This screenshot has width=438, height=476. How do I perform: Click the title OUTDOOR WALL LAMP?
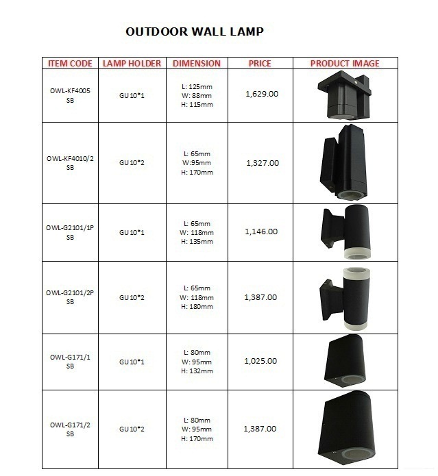click(195, 32)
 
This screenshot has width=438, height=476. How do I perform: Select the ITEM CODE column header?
click(70, 64)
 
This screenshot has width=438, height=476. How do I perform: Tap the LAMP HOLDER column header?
click(132, 64)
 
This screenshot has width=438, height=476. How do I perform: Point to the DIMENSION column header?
click(197, 64)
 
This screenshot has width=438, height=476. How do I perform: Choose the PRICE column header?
click(260, 64)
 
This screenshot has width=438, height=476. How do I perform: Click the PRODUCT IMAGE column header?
click(344, 64)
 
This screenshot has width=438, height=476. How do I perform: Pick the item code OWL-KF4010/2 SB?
click(70, 163)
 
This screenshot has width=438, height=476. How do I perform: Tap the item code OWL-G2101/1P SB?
click(70, 232)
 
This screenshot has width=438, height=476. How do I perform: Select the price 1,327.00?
click(262, 163)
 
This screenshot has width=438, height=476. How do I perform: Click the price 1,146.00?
click(261, 231)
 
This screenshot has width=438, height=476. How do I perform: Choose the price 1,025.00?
click(261, 361)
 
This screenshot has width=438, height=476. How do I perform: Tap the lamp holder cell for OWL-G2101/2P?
click(132, 298)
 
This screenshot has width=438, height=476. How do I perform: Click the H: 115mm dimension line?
click(197, 105)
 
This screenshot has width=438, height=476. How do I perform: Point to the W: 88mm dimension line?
click(197, 96)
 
